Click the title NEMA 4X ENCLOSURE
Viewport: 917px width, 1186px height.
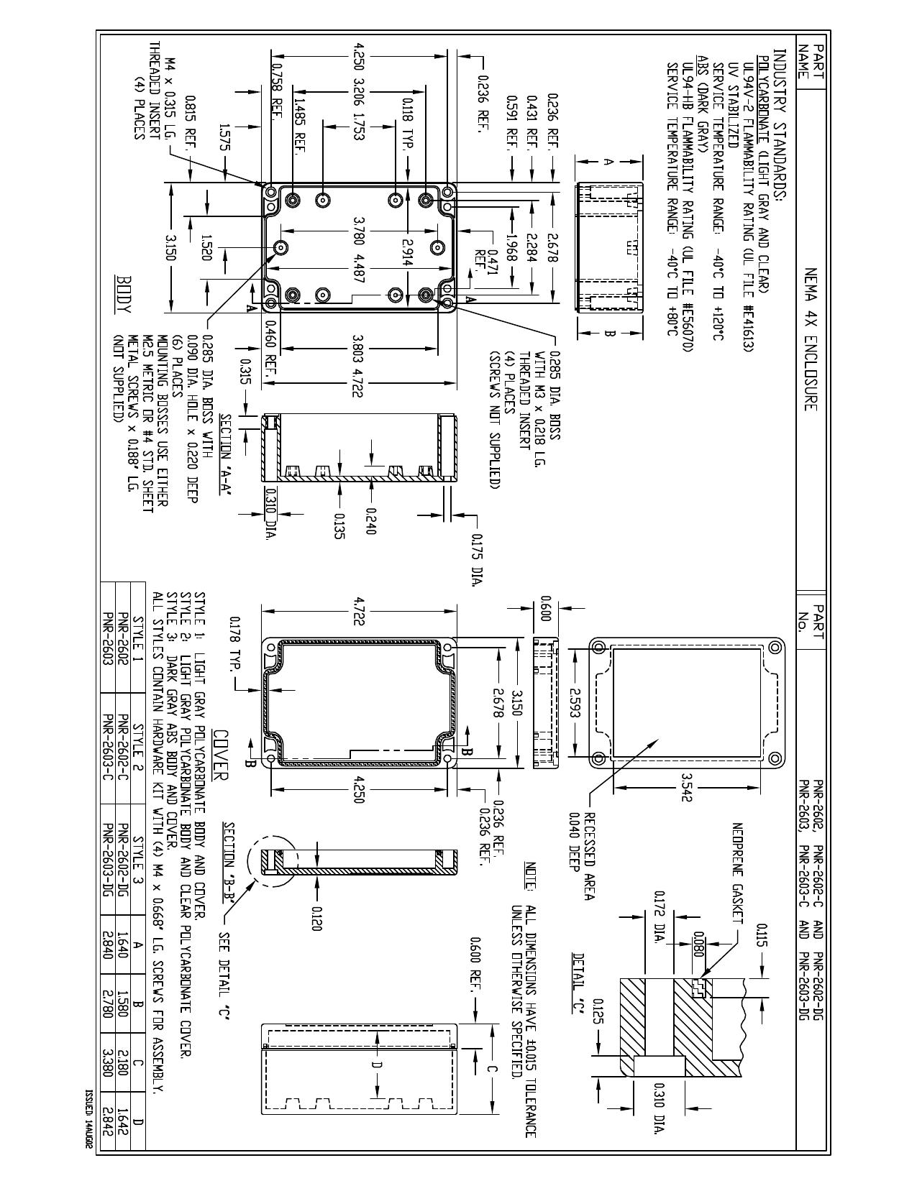(811, 339)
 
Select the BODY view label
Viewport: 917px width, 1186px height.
(124, 294)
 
